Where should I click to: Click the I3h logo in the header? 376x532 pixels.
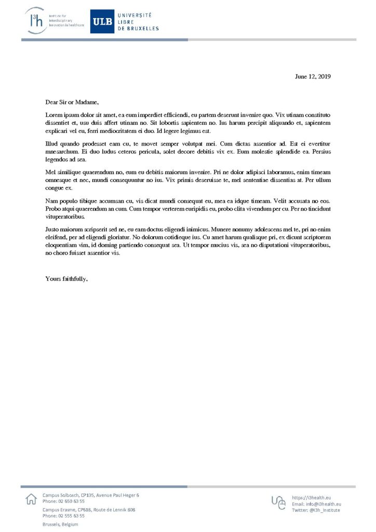pyautogui.click(x=37, y=21)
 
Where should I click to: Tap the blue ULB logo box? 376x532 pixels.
pyautogui.click(x=102, y=21)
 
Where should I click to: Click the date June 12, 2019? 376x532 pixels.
pyautogui.click(x=313, y=76)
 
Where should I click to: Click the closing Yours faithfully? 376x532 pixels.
pyautogui.click(x=66, y=278)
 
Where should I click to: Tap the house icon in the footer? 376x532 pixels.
pyautogui.click(x=31, y=499)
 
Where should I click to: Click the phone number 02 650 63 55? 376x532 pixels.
pyautogui.click(x=72, y=501)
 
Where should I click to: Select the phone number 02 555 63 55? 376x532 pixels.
pyautogui.click(x=72, y=516)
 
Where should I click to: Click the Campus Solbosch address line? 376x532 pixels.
pyautogui.click(x=91, y=495)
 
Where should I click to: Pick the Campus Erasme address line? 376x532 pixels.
pyautogui.click(x=89, y=510)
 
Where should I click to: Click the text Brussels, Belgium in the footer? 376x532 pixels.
pyautogui.click(x=60, y=525)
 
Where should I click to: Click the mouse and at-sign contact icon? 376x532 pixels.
pyautogui.click(x=278, y=502)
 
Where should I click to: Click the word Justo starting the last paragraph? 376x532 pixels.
pyautogui.click(x=53, y=229)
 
